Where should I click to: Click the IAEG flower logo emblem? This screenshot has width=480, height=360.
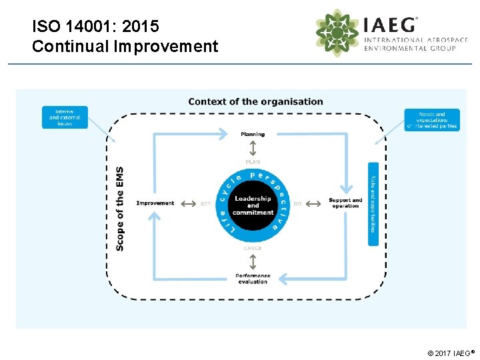[x=337, y=33]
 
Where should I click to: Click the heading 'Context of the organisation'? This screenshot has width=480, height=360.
[x=255, y=102]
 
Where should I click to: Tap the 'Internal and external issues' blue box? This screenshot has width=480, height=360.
[x=65, y=117]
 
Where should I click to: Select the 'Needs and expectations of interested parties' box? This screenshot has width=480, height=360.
[x=431, y=120]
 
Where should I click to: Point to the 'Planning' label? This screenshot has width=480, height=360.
[x=253, y=134]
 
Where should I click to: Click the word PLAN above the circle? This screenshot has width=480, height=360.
[x=253, y=162]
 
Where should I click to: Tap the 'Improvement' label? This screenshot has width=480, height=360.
[x=155, y=203]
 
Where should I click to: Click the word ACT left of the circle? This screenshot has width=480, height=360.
[x=205, y=204]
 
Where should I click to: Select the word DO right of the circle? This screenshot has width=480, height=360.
[x=297, y=204]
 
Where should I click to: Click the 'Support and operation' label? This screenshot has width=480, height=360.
[x=345, y=203]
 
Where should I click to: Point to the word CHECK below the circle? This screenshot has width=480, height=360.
[x=253, y=248]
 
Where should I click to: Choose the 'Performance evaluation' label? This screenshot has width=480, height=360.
[x=253, y=279]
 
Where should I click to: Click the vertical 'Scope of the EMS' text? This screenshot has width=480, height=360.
[x=120, y=208]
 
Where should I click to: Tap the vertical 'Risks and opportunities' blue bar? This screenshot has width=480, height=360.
[x=373, y=203]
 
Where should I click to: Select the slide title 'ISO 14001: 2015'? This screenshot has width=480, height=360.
[x=95, y=27]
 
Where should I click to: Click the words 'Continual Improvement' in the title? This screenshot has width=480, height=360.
[x=125, y=47]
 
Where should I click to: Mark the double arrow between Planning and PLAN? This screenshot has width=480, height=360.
[x=253, y=148]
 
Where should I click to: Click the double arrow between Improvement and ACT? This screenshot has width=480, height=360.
[x=188, y=203]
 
